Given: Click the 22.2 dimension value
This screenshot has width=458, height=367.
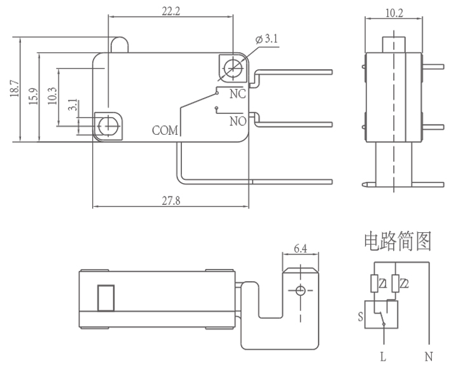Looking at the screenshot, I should [x=170, y=11].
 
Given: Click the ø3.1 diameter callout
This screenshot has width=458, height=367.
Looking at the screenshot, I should [x=267, y=39].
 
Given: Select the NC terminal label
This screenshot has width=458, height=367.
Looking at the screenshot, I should [x=237, y=95].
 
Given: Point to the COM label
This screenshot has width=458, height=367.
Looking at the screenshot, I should [x=165, y=131].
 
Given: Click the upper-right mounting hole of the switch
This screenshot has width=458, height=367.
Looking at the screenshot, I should [x=233, y=66].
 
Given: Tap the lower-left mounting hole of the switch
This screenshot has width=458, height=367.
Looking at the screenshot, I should [x=109, y=125].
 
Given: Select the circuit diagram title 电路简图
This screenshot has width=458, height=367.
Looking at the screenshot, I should [x=398, y=240].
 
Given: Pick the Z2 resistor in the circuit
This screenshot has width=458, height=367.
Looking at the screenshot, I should [x=396, y=283].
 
